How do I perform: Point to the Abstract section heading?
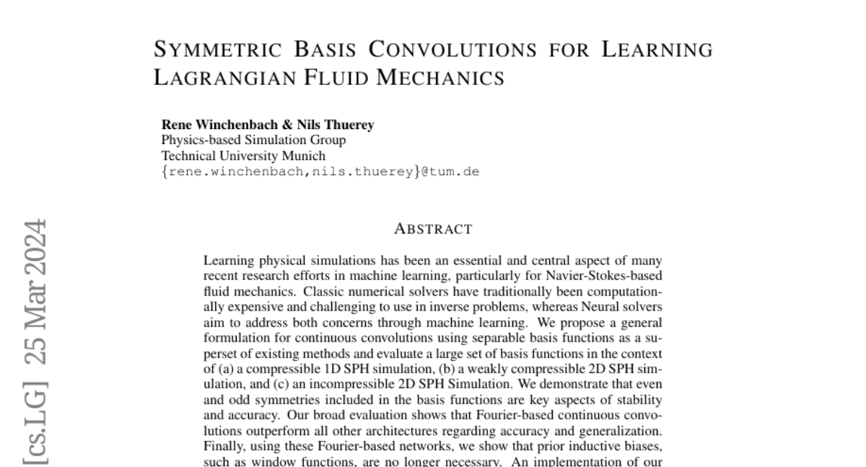(x=433, y=229)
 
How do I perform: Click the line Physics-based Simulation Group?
(x=253, y=140)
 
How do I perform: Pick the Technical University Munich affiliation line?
(x=243, y=156)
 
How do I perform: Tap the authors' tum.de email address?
(x=320, y=172)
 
